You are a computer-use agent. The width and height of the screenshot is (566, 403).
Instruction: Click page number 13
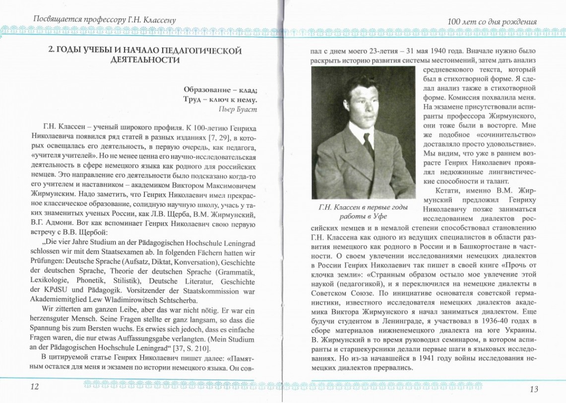533,389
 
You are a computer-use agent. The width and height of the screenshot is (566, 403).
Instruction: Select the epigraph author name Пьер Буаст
237,109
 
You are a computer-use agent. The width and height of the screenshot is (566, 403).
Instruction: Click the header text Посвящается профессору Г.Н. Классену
104,20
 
